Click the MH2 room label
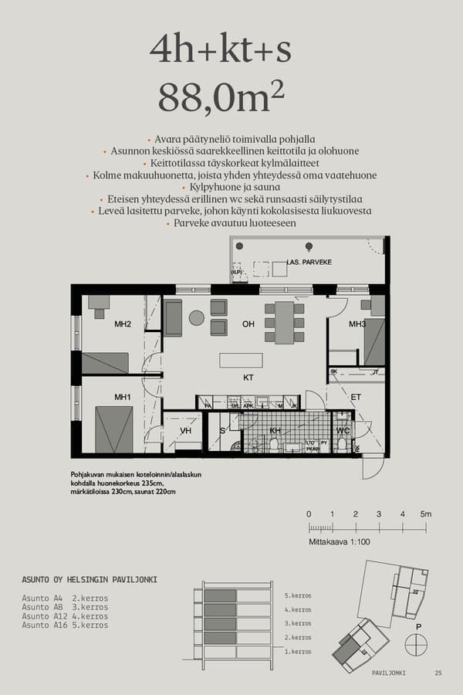[123, 324]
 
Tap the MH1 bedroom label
[123, 397]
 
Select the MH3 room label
[357, 324]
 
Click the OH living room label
[248, 324]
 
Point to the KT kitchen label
[248, 378]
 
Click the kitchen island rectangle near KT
[241, 360]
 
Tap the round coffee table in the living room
[196, 317]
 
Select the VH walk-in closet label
[185, 431]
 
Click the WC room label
[343, 431]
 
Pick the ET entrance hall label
[356, 397]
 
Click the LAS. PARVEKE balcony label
[309, 263]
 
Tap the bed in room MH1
[114, 429]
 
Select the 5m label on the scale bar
[426, 514]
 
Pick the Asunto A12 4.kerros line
[65, 616]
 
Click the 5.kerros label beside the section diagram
[298, 596]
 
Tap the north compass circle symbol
[417, 643]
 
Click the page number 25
[438, 673]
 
